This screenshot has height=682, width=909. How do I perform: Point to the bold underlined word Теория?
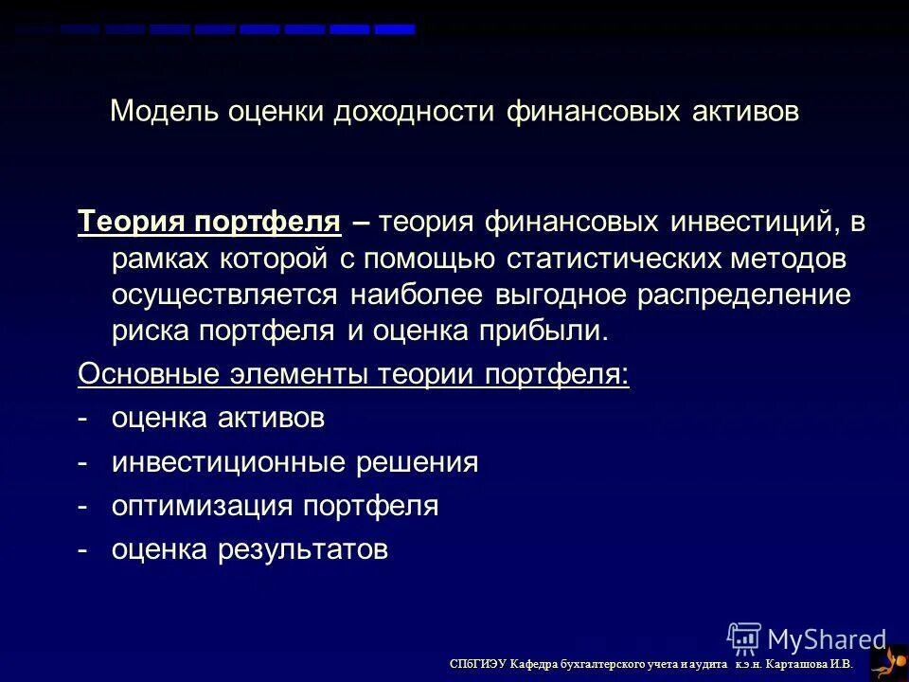132,223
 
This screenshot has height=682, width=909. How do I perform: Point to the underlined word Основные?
148,375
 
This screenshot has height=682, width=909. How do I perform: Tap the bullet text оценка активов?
218,419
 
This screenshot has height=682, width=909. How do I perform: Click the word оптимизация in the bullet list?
202,506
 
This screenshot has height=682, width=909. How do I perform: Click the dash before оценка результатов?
84,549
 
